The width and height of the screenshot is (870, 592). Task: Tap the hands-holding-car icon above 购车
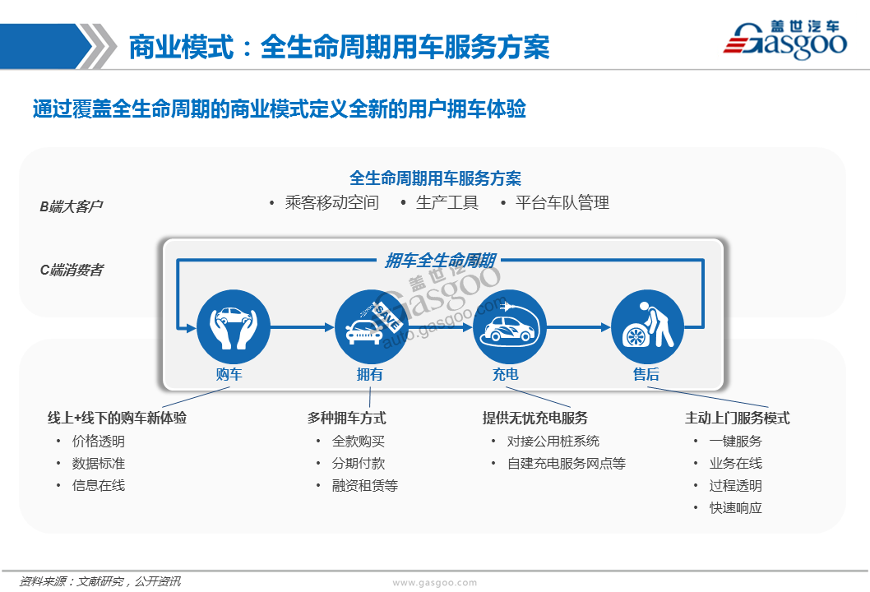tap(234, 326)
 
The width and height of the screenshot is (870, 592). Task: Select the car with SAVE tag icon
tap(372, 326)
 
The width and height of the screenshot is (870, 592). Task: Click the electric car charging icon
tap(509, 326)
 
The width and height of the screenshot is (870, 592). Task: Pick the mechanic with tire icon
tap(647, 326)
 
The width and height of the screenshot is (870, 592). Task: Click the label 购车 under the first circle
tap(229, 374)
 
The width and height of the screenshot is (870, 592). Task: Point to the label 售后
tap(646, 374)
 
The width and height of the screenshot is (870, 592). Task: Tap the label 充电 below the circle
tap(506, 374)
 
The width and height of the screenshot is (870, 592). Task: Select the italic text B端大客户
tap(71, 206)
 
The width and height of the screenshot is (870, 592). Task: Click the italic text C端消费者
tap(72, 271)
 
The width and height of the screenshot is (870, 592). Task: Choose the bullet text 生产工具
tap(447, 202)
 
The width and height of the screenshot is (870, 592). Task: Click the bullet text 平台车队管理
tap(562, 202)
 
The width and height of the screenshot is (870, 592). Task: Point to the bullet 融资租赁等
tap(364, 485)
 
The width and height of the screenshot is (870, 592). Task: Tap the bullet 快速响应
tap(736, 507)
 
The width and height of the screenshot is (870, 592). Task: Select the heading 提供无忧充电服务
tap(534, 418)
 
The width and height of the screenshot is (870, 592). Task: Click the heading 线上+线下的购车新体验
tap(117, 418)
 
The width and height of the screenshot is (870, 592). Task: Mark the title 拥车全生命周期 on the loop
tap(441, 260)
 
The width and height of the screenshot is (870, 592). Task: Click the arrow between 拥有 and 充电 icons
tap(441, 327)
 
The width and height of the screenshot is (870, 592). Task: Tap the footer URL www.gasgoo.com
tap(434, 583)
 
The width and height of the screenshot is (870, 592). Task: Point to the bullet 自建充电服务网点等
tap(567, 463)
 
